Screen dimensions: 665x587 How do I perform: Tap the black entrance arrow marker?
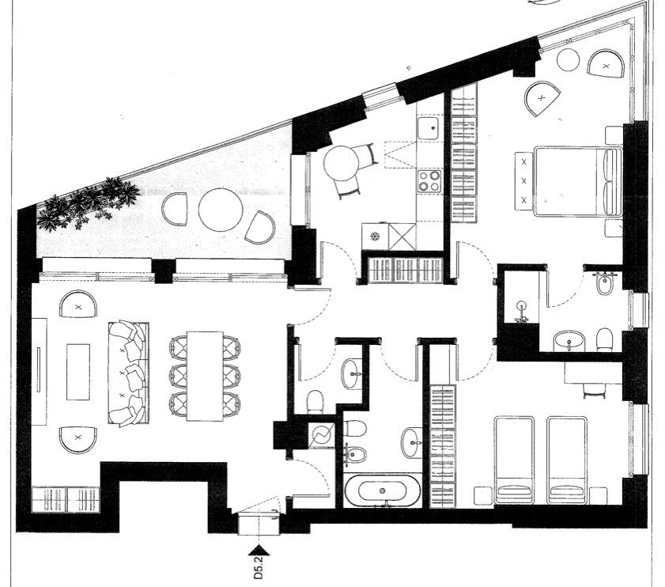click(x=259, y=550)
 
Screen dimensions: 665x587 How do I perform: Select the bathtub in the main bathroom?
click(x=382, y=490)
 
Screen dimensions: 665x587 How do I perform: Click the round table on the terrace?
click(x=221, y=210)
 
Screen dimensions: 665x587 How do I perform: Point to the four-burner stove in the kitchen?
click(x=429, y=181)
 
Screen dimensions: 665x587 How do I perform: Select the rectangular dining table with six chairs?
click(x=205, y=376)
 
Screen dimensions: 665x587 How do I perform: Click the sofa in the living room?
click(x=129, y=373)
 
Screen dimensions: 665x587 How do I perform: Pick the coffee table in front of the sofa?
click(x=78, y=372)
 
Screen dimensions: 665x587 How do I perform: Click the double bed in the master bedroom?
click(x=578, y=181)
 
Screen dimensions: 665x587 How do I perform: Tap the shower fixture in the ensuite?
click(x=522, y=312)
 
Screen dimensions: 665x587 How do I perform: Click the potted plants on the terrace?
click(x=87, y=204)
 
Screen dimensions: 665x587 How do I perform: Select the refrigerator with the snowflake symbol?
click(x=375, y=236)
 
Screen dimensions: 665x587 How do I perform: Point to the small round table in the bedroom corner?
click(x=568, y=60)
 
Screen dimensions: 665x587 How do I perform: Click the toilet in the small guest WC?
click(x=315, y=401)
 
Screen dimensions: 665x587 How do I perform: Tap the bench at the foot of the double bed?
click(x=524, y=181)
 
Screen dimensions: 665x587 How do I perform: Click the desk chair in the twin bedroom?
click(x=595, y=390)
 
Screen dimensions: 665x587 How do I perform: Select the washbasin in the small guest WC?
click(x=352, y=373)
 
